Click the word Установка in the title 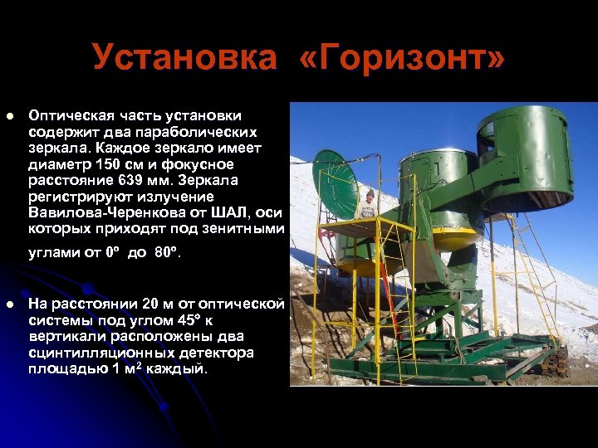click(x=184, y=58)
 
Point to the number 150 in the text click(x=103, y=163)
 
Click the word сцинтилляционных click(x=91, y=353)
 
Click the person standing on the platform click(x=369, y=204)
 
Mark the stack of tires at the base click(x=556, y=361)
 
